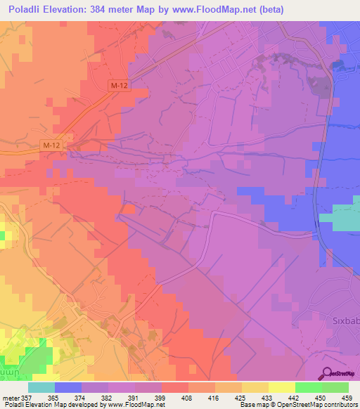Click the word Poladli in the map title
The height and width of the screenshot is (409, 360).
pos(26,10)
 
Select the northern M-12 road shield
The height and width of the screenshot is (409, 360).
pos(119,85)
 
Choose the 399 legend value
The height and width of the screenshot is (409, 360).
pos(148,396)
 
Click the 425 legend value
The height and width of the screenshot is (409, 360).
pos(229,396)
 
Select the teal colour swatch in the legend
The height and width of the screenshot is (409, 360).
pos(41,387)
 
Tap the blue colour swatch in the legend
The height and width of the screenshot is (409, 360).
pos(67,387)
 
